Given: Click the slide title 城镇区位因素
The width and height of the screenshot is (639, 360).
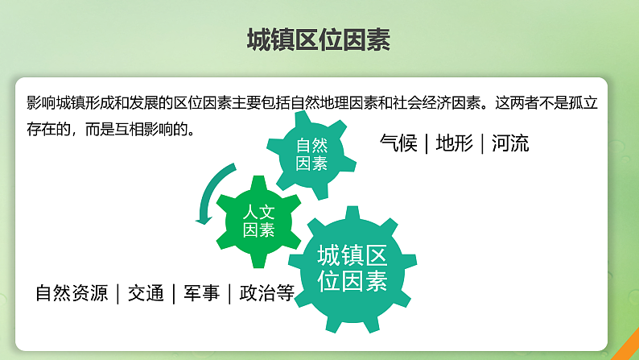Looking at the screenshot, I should tap(319, 39).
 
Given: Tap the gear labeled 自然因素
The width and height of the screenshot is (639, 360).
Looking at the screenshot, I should tap(311, 154).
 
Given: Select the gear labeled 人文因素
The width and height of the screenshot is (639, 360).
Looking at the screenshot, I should tap(259, 220).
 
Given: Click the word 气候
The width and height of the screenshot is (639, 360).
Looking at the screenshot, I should tap(398, 144).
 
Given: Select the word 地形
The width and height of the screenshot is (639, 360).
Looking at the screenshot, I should tap(454, 144).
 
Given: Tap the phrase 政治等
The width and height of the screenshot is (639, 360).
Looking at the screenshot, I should tap(266, 293).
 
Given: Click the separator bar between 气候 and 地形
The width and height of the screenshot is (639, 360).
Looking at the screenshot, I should tap(427, 144).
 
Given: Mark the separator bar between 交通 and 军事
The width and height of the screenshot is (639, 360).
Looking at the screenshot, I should tap(174, 293).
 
